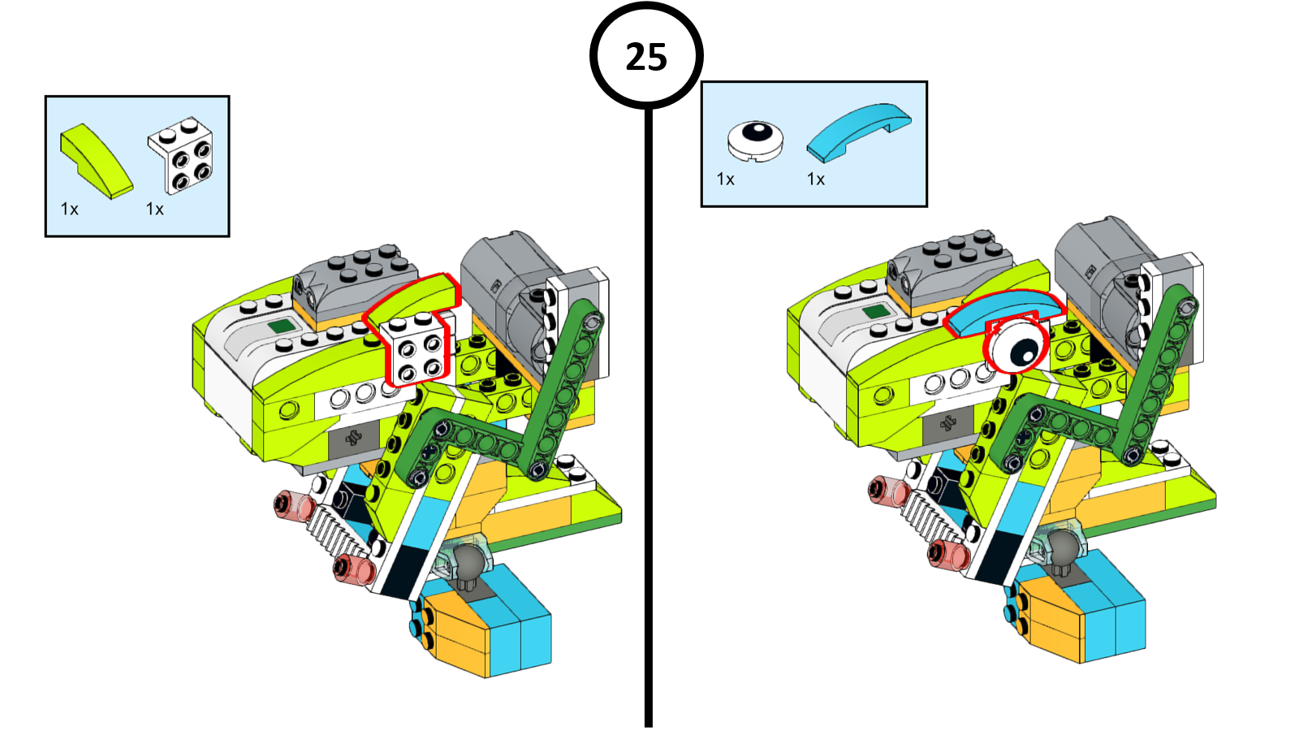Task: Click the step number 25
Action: [x=646, y=57]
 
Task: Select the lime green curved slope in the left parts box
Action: [x=96, y=161]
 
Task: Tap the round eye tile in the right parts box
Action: [x=755, y=140]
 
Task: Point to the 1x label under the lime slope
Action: [x=70, y=210]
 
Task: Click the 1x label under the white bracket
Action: [x=155, y=210]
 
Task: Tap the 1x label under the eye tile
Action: [x=726, y=180]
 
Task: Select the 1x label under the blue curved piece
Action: [x=816, y=180]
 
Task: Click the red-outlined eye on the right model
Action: [x=1016, y=346]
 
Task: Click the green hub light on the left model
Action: [x=280, y=327]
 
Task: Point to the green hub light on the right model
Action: [x=874, y=311]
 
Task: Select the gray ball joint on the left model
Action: [x=466, y=560]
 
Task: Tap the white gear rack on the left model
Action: [x=333, y=533]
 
